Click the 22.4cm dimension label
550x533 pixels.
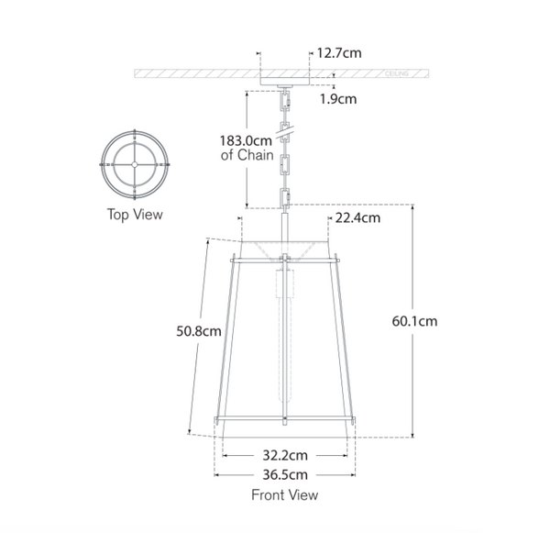tap(357, 217)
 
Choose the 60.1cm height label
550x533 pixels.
tap(413, 321)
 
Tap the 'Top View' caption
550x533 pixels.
tap(135, 215)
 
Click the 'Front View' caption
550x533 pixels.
tap(284, 495)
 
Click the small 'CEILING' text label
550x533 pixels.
tap(396, 72)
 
